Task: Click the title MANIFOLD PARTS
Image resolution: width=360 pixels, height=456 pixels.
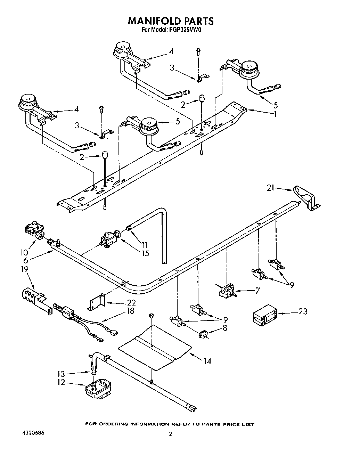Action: (x=171, y=21)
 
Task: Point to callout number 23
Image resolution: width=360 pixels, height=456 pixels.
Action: (x=303, y=311)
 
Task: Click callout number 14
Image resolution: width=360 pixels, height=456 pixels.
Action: (x=207, y=361)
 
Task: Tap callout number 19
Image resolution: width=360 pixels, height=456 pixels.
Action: (x=25, y=269)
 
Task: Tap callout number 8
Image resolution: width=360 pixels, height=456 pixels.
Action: (x=225, y=327)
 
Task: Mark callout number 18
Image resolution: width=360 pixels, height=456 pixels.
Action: (x=130, y=311)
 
